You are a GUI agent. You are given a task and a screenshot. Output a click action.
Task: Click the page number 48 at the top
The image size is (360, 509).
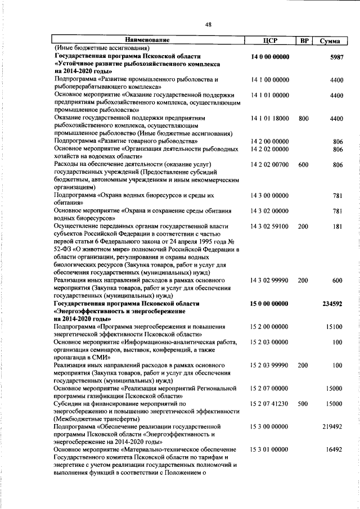coord(208,24)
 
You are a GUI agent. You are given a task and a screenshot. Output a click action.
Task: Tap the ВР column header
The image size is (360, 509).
coord(303,40)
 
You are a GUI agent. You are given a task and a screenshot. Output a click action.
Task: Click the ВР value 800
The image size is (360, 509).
coord(303,119)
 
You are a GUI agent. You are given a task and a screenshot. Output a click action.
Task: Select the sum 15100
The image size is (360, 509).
coord(334,326)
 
